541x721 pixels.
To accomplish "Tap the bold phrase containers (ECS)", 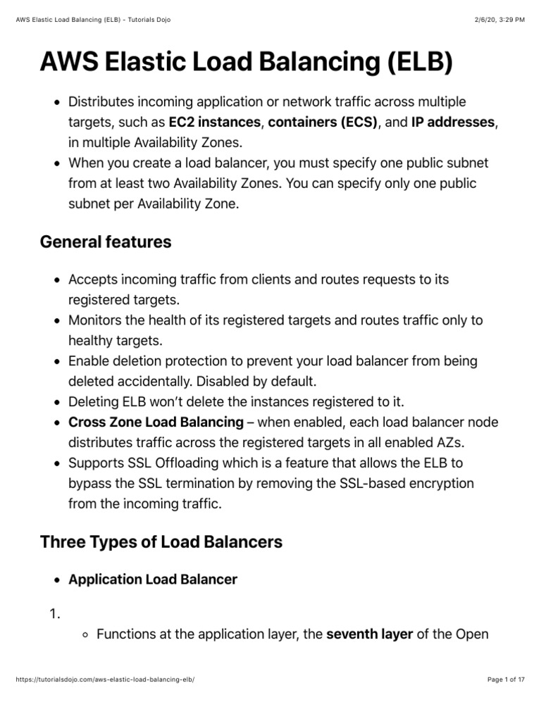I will [x=323, y=123].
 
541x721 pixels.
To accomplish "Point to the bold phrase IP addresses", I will [x=453, y=123].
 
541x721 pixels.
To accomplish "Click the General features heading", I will [x=106, y=242].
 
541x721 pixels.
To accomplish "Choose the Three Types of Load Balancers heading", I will [x=161, y=542].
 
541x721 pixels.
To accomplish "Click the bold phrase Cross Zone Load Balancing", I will [x=156, y=422].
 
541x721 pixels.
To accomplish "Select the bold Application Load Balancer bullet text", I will [x=153, y=579].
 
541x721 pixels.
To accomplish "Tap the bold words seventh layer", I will [x=370, y=634].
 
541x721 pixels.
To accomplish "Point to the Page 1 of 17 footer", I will [x=506, y=699].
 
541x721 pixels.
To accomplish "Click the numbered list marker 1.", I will [x=54, y=615].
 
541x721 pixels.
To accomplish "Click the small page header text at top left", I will [x=94, y=19].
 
